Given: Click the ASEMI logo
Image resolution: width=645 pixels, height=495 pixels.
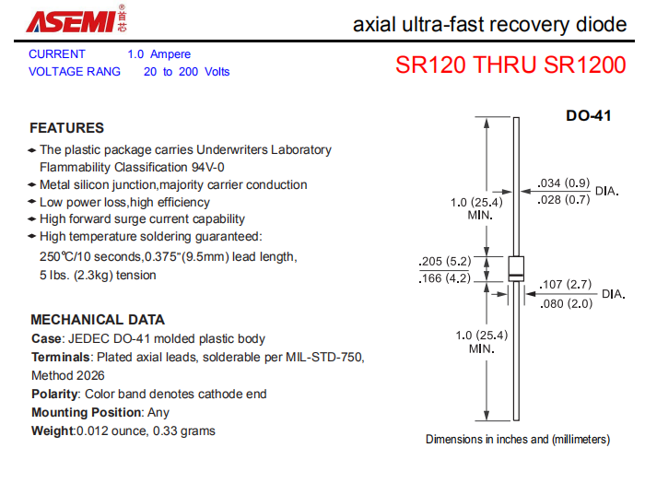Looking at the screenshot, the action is (76, 19).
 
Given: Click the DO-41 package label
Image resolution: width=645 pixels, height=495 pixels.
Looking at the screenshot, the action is (588, 115).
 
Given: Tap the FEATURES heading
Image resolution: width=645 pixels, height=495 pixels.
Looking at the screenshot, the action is (66, 128).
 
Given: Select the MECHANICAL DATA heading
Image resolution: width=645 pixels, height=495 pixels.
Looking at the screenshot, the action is (98, 320).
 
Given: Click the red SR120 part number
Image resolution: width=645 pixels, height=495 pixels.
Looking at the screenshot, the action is (430, 65).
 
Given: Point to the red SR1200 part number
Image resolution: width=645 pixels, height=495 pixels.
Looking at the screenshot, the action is (584, 65).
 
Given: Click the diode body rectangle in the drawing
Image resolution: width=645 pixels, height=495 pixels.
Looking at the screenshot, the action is (516, 268).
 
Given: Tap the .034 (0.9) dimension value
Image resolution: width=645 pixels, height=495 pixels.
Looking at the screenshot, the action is (564, 183).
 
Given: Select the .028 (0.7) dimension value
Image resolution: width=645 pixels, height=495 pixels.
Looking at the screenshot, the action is (564, 199).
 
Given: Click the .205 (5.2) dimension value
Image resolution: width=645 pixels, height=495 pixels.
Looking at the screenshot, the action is (445, 261).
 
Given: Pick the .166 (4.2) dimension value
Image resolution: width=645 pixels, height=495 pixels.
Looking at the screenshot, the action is (445, 278).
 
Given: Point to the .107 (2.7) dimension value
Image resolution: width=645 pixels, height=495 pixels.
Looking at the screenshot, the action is (566, 284).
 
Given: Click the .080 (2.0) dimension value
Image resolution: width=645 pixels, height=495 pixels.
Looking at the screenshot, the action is (566, 303).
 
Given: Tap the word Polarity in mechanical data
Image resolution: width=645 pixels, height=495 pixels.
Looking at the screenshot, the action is (54, 395).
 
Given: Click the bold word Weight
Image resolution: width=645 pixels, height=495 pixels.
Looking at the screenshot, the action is (53, 430).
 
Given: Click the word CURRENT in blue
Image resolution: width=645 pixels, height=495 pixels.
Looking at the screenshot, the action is (57, 54).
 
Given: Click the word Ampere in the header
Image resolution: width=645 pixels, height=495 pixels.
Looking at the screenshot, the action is (170, 54).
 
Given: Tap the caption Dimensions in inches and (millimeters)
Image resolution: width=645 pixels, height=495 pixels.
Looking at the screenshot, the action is (518, 440).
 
